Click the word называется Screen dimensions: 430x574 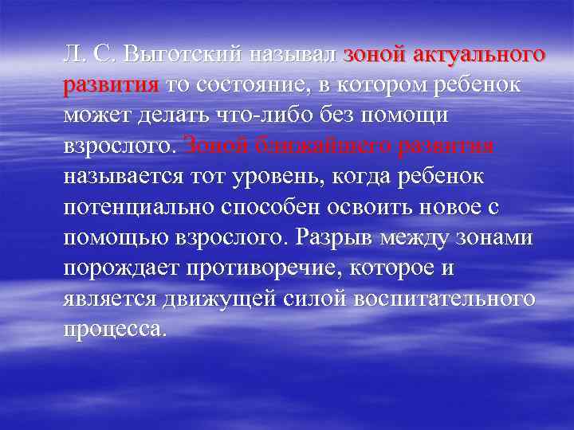click(128, 177)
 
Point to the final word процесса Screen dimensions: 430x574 click(115, 328)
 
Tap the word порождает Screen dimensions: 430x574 click(121, 268)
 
